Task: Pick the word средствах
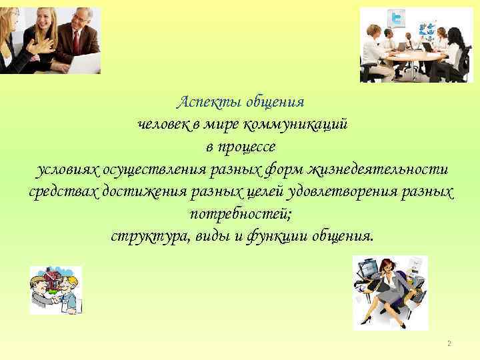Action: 63,193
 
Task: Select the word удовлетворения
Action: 341,193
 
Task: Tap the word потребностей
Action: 240,215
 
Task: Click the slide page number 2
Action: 449,343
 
